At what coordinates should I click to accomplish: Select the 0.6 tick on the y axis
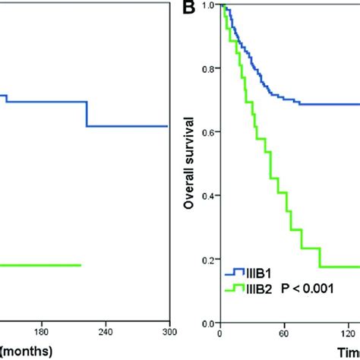pyautogui.click(x=209, y=133)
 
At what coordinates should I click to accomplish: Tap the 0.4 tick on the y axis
pyautogui.click(x=209, y=195)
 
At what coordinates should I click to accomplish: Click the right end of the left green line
pyautogui.click(x=81, y=265)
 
